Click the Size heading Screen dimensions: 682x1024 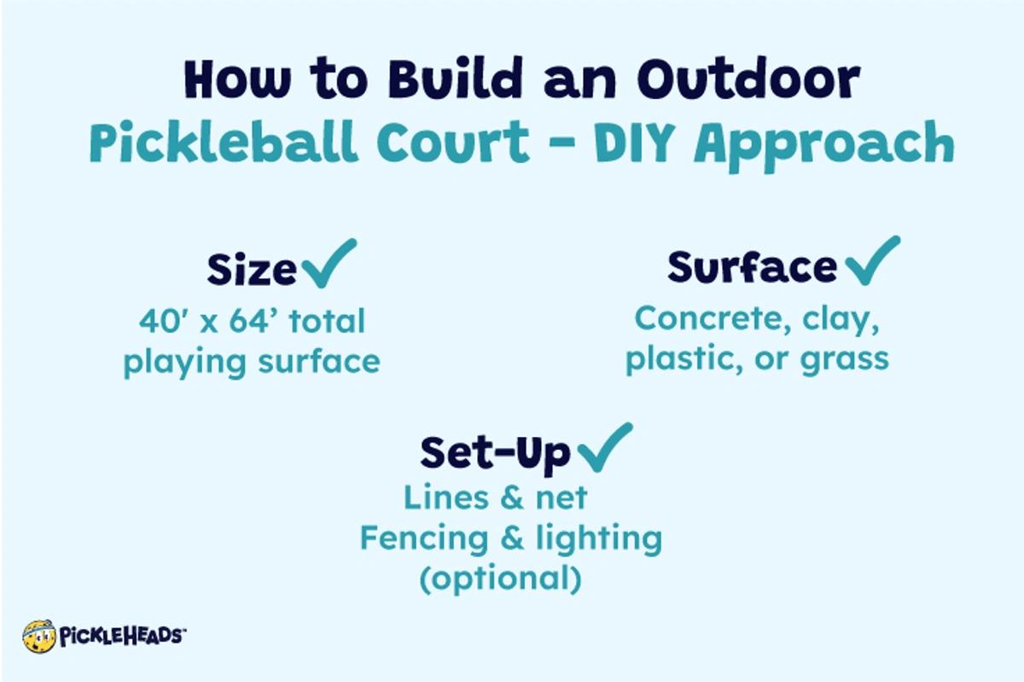tap(251, 270)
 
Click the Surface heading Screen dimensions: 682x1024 tap(751, 267)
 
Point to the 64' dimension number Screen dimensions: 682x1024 tap(254, 322)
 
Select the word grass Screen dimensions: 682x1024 tap(844, 358)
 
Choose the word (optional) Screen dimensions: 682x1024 tap(500, 579)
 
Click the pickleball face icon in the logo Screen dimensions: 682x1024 tap(38, 636)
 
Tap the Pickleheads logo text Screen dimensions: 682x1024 tap(121, 636)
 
